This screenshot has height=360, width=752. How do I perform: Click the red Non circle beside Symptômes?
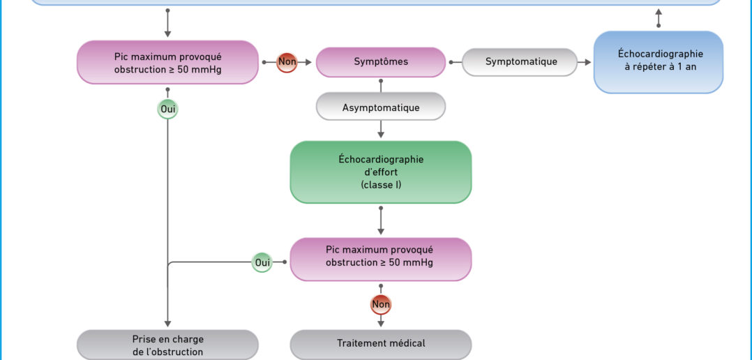tap(287, 62)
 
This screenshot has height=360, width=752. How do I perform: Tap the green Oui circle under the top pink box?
tap(167, 110)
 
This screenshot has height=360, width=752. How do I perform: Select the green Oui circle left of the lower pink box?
tap(262, 262)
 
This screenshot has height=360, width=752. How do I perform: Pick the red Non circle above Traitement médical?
tap(381, 304)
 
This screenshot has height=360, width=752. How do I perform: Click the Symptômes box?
tap(381, 62)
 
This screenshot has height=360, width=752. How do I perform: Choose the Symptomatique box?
tap(520, 62)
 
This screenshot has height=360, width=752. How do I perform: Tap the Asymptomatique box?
tap(381, 107)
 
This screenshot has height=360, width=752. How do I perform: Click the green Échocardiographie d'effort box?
tap(381, 172)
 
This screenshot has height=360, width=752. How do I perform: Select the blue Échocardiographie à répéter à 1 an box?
tap(659, 62)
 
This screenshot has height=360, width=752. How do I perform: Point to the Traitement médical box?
tap(381, 344)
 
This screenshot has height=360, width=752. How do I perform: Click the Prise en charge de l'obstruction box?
tap(167, 345)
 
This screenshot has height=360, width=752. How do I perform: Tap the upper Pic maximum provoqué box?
tap(167, 62)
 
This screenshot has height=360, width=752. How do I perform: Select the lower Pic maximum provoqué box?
tap(381, 260)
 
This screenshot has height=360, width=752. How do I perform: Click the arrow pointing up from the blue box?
tap(659, 17)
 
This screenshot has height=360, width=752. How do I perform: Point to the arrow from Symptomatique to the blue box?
tap(584, 62)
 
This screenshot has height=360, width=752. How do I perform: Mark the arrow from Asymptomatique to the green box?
tap(381, 129)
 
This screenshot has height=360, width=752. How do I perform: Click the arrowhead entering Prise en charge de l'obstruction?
tap(167, 324)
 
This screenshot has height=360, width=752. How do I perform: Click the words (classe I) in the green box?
tap(381, 184)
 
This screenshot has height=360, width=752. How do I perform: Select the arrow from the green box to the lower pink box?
tap(381, 220)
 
